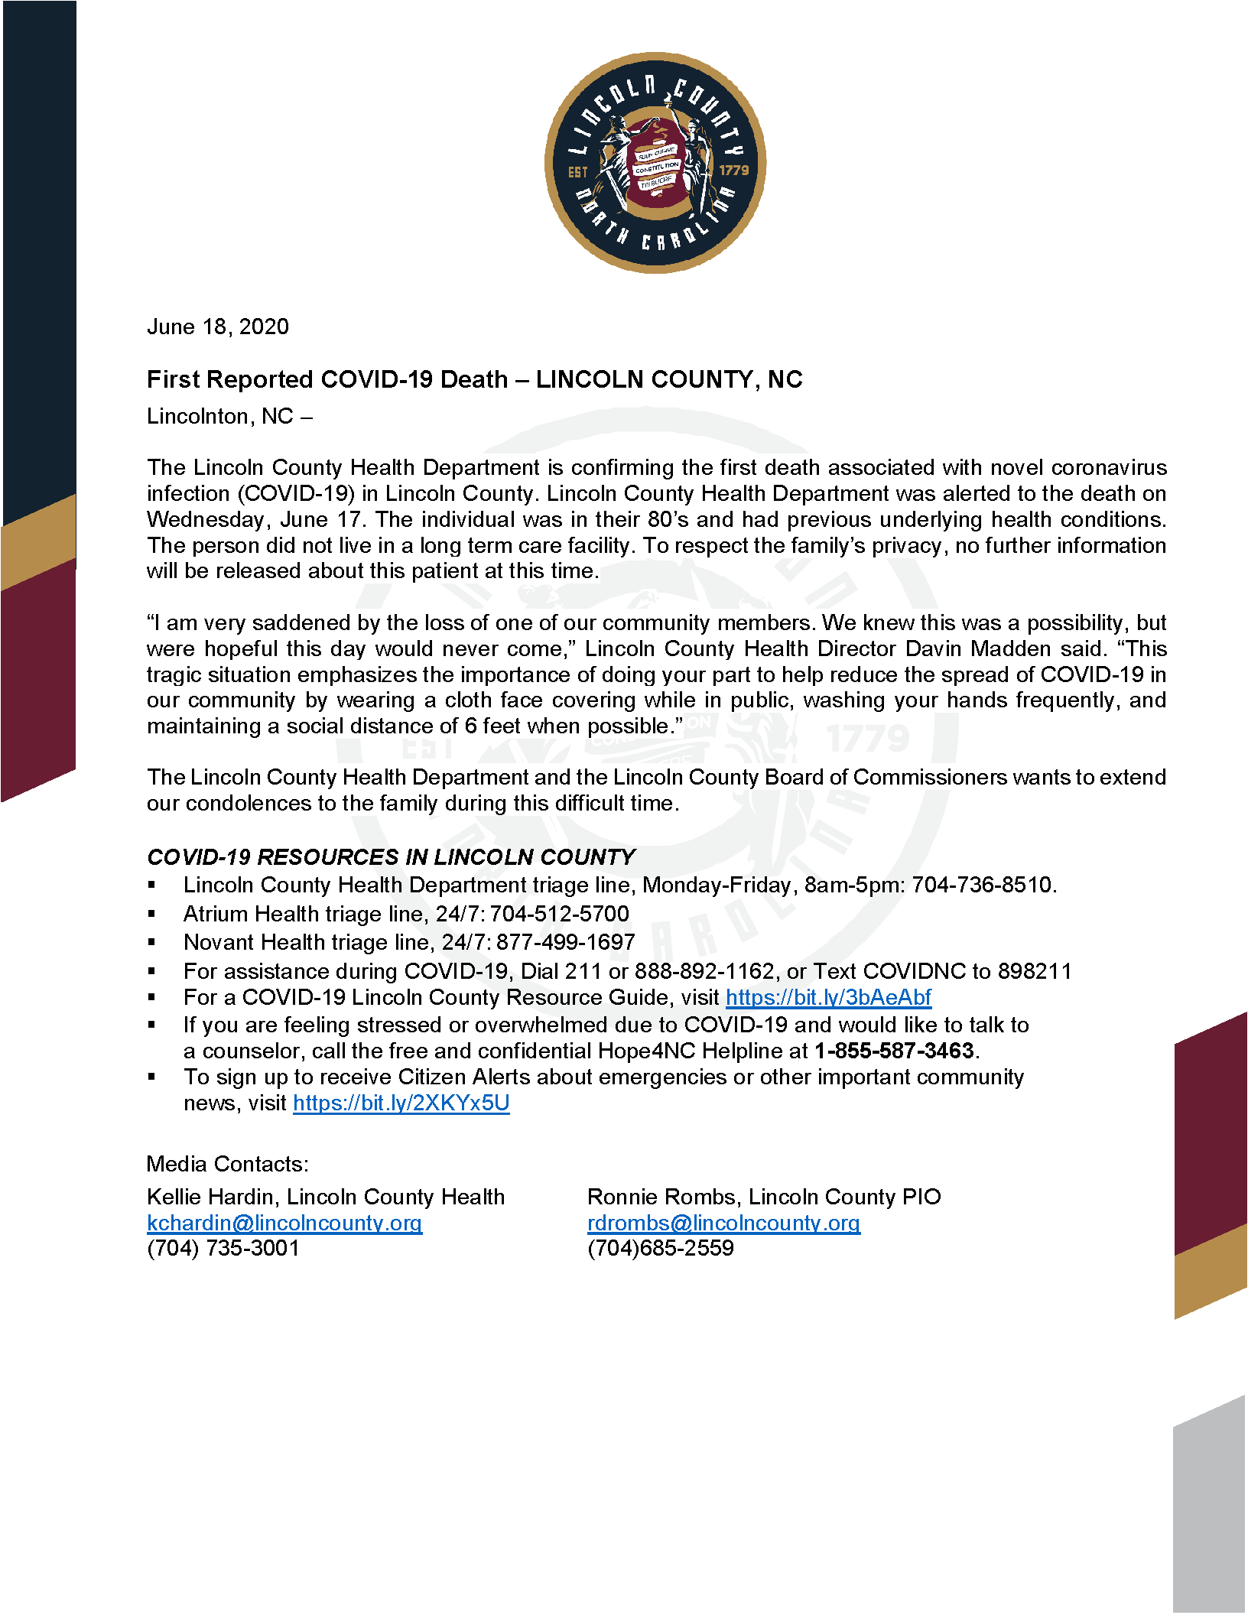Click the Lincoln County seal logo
coord(655,163)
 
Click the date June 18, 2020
coord(218,327)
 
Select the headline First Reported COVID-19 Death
coord(327,379)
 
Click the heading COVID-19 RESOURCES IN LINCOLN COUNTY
coord(391,857)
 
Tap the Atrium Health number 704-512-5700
coord(560,914)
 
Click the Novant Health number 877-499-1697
coord(566,942)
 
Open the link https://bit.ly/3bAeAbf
coord(828,997)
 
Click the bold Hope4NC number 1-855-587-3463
coord(894,1051)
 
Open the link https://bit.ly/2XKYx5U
coord(401,1103)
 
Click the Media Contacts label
coord(228,1164)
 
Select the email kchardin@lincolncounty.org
coord(284,1223)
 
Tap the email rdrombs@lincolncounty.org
coord(723,1223)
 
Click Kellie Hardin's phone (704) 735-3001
coord(223,1248)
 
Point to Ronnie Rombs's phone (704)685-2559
coord(661,1248)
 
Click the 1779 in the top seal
coord(734,170)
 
